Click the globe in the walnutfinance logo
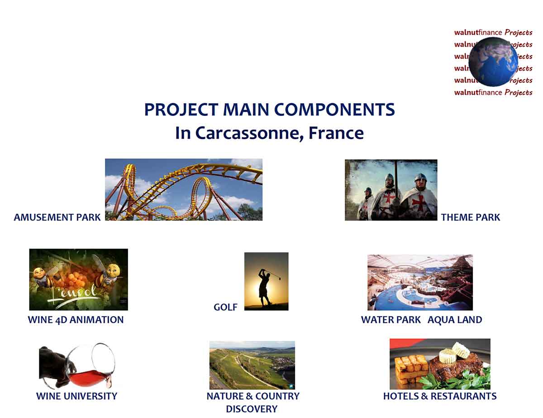pyautogui.click(x=493, y=62)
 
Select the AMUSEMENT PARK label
pyautogui.click(x=57, y=217)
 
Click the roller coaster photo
pyautogui.click(x=183, y=189)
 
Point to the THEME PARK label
pyautogui.click(x=471, y=217)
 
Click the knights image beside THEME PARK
pyautogui.click(x=391, y=190)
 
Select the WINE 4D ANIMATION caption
pyautogui.click(x=76, y=320)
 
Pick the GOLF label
pyautogui.click(x=225, y=307)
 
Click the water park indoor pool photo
pyautogui.click(x=419, y=282)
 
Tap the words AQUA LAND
pyautogui.click(x=455, y=320)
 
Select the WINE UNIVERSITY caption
pyautogui.click(x=76, y=396)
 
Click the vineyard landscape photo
pyautogui.click(x=252, y=365)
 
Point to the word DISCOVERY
pyautogui.click(x=252, y=409)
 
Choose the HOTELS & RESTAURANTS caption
pyautogui.click(x=439, y=396)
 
